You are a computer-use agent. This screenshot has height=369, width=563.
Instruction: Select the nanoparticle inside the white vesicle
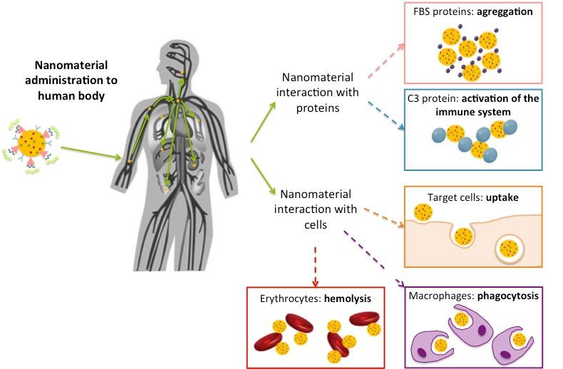coord(509,249)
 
